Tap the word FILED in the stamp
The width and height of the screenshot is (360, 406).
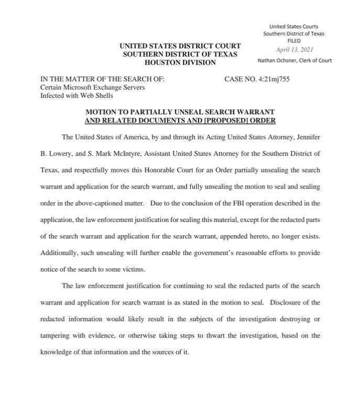(293, 41)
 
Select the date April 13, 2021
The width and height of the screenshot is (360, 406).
(294, 50)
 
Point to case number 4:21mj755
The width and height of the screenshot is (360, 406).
(272, 80)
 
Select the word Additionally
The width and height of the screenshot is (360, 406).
(59, 253)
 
